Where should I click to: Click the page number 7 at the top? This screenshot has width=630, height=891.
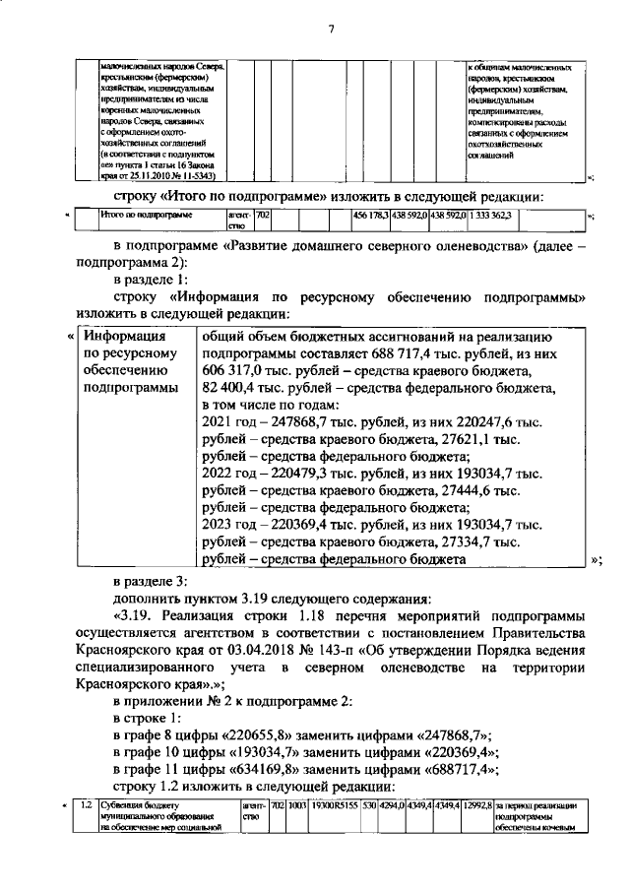point(332,30)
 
